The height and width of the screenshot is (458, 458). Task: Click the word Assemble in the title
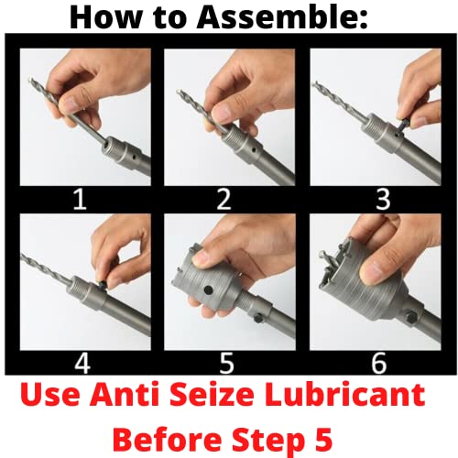[282, 17]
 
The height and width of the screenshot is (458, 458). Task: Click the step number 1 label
[80, 200]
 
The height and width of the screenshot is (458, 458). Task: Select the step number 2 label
[224, 200]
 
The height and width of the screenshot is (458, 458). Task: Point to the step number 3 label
[383, 200]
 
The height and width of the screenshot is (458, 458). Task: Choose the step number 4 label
[82, 364]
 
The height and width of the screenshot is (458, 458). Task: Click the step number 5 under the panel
[226, 364]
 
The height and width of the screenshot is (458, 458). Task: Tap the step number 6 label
[378, 364]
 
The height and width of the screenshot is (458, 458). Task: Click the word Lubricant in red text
[344, 394]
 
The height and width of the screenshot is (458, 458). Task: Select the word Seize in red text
[212, 394]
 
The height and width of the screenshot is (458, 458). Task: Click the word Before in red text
[167, 439]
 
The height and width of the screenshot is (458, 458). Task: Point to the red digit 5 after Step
[323, 439]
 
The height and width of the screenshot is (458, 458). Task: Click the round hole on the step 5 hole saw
[208, 289]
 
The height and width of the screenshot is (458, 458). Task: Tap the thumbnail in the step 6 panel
[372, 270]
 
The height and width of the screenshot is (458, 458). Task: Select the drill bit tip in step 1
[30, 81]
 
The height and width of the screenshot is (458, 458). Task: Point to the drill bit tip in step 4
[21, 256]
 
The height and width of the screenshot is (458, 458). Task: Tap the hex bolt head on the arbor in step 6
[411, 316]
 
